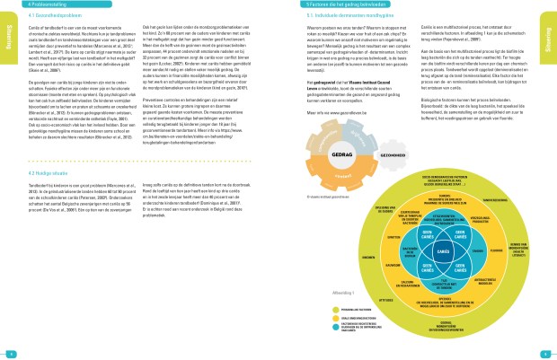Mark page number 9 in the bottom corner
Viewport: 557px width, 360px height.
548,352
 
